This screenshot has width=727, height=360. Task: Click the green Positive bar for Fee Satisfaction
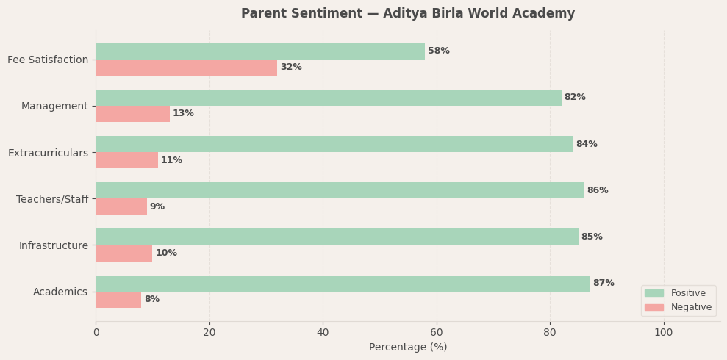pyautogui.click(x=260, y=51)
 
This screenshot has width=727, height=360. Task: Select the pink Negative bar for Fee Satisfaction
pyautogui.click(x=186, y=68)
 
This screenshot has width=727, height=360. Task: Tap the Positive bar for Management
pyautogui.click(x=329, y=98)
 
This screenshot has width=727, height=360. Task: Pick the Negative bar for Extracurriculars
pyautogui.click(x=126, y=160)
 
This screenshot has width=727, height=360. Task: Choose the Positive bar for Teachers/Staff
pyautogui.click(x=340, y=190)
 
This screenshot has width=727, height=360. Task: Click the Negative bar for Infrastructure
pyautogui.click(x=123, y=253)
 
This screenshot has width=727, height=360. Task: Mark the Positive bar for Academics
pyautogui.click(x=343, y=284)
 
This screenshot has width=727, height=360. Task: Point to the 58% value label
pyautogui.click(x=439, y=51)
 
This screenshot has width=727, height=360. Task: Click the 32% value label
pyautogui.click(x=291, y=68)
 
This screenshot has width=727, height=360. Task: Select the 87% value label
pyautogui.click(x=604, y=284)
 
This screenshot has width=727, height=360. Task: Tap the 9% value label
pyautogui.click(x=157, y=207)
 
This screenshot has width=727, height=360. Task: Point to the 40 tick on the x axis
pyautogui.click(x=323, y=333)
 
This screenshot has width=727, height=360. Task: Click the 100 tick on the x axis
pyautogui.click(x=664, y=333)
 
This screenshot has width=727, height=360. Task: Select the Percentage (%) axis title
pyautogui.click(x=408, y=348)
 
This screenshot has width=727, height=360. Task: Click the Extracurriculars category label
pyautogui.click(x=48, y=153)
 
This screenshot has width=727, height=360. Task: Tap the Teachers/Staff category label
pyautogui.click(x=52, y=199)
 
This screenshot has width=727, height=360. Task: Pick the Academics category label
pyautogui.click(x=60, y=292)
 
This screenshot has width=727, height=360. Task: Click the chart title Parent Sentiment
pyautogui.click(x=408, y=14)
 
